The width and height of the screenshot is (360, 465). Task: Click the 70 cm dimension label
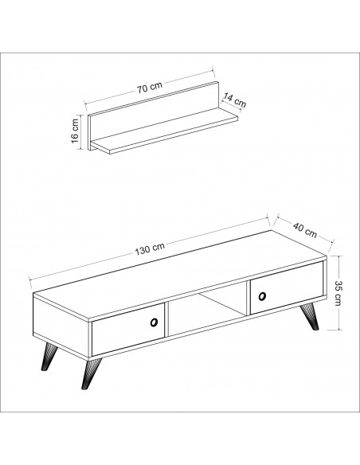150,88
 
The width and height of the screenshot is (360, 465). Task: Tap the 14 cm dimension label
235,100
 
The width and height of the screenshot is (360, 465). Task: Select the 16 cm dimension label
75,131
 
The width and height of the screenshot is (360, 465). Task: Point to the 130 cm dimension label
150,249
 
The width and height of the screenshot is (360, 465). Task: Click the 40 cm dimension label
305,230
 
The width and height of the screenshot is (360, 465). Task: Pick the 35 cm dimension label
338,292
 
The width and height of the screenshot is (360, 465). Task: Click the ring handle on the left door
154,322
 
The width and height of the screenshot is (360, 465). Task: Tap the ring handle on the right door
262,296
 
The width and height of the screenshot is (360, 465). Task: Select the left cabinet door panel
128,329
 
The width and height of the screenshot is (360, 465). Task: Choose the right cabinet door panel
287,287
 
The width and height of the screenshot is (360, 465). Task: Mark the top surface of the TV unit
180,275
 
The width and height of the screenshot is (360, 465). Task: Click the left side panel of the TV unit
61,326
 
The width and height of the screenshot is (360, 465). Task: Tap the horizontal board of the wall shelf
165,131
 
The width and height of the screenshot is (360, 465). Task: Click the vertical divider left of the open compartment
166,320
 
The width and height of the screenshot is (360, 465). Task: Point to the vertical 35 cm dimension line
338,292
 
